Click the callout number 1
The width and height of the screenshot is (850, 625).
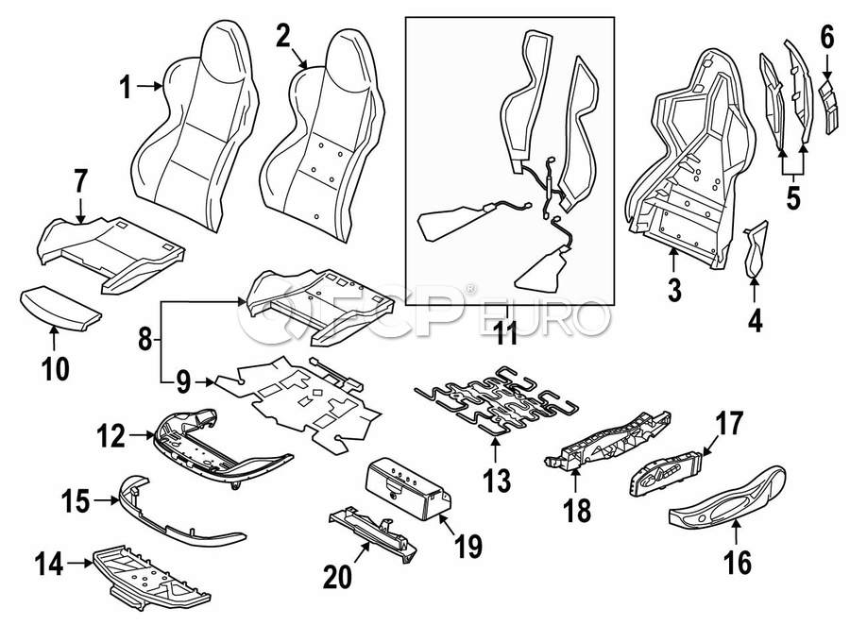click(127, 89)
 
